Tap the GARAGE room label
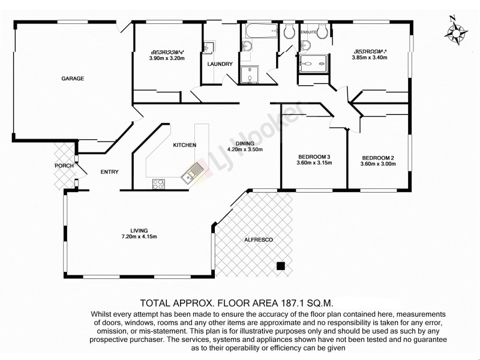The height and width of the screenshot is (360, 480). (x=72, y=79)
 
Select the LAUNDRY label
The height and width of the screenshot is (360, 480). (x=220, y=64)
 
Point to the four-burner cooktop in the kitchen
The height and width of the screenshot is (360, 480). (x=159, y=184)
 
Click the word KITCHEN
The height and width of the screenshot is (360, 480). (x=185, y=146)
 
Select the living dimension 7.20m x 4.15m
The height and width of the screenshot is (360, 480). (x=139, y=236)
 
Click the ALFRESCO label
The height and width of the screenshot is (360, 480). (x=259, y=240)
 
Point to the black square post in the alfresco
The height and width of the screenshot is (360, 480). (x=280, y=266)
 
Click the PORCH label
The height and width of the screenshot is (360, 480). (x=64, y=166)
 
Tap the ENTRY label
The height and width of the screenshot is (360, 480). (x=109, y=172)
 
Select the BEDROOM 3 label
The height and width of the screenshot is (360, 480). (x=314, y=157)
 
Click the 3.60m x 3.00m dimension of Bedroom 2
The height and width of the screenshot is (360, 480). (x=377, y=164)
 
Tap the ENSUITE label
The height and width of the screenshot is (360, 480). (x=308, y=30)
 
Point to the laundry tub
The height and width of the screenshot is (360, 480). (x=209, y=47)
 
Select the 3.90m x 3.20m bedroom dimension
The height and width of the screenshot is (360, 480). (x=166, y=59)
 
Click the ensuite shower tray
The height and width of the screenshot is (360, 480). (x=314, y=62)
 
